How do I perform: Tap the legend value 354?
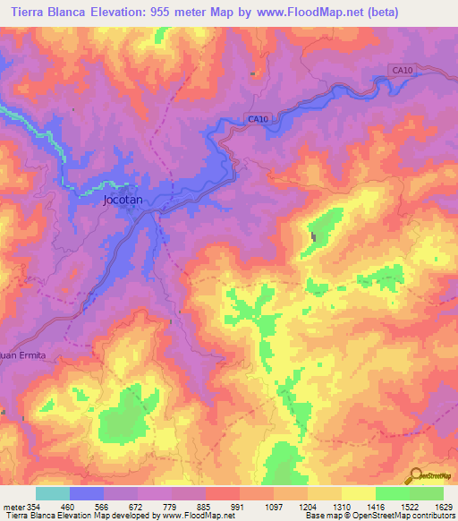[35, 506]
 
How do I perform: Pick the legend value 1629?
[443, 506]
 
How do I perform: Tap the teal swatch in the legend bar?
[52, 493]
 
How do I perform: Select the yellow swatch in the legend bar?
[358, 493]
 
